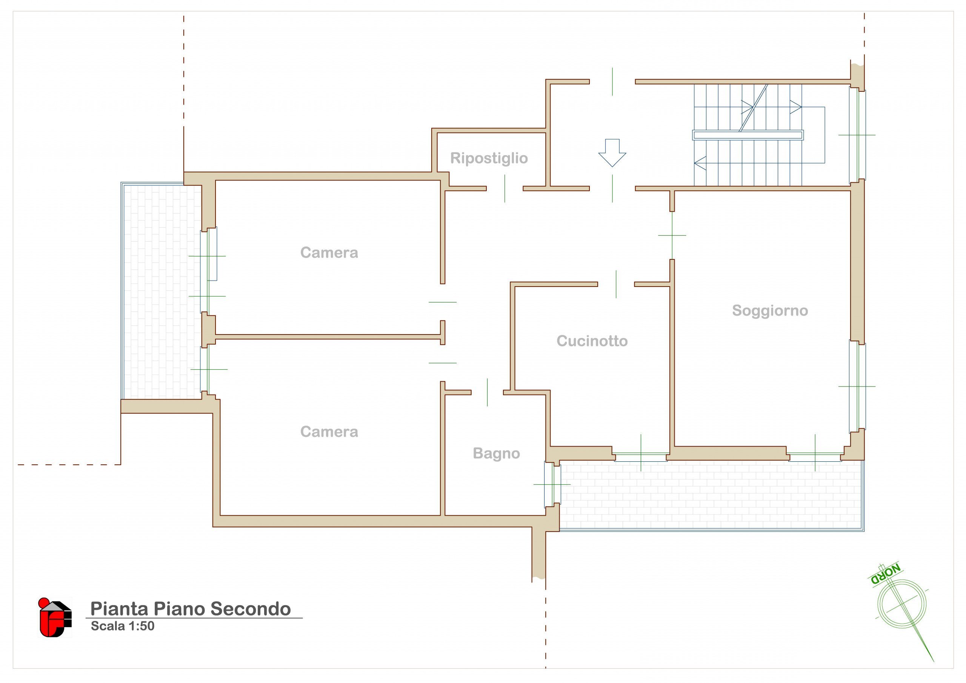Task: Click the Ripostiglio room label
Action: click(x=489, y=158)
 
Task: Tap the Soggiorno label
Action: click(x=770, y=311)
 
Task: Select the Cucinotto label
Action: click(x=592, y=341)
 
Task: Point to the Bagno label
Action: click(x=497, y=453)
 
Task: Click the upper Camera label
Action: click(x=329, y=253)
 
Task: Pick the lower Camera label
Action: click(x=329, y=432)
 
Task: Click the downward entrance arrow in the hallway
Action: click(x=612, y=153)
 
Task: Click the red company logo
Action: click(x=55, y=617)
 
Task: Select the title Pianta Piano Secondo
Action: click(x=191, y=609)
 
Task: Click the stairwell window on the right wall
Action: click(x=857, y=135)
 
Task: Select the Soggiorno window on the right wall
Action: click(x=857, y=386)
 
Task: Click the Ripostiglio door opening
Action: click(x=505, y=189)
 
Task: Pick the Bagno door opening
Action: click(x=487, y=392)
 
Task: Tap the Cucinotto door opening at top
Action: click(x=616, y=284)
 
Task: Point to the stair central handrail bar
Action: click(x=748, y=135)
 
